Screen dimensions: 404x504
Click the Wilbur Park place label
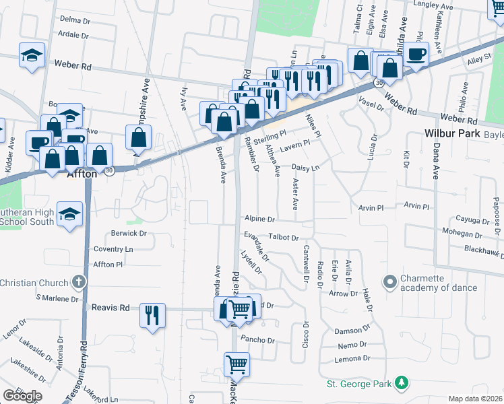point(452,133)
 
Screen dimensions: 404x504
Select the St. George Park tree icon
point(402,383)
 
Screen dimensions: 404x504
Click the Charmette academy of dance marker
point(389,281)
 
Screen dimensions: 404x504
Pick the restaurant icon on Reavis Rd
point(152,314)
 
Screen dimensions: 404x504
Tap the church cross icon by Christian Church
point(78,282)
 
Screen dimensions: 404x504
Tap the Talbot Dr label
point(283,237)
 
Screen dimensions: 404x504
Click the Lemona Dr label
point(354,358)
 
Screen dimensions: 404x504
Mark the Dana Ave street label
point(435,165)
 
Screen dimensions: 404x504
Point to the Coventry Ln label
point(113,249)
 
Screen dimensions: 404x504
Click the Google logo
point(22,396)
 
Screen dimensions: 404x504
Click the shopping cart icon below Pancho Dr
point(237,365)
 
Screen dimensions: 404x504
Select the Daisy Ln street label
point(305,167)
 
